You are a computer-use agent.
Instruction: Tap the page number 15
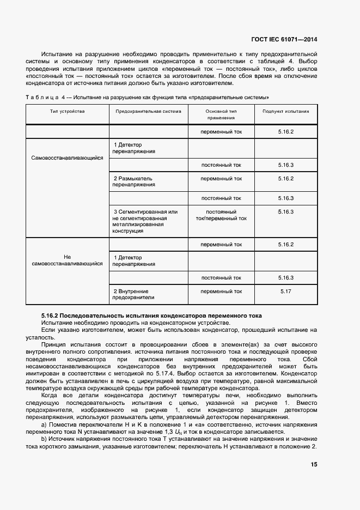point(314,464)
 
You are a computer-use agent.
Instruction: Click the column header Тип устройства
point(67,111)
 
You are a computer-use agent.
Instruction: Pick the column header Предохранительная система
point(148,111)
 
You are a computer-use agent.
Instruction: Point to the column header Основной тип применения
point(221,114)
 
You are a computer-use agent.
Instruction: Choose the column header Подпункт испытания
point(285,111)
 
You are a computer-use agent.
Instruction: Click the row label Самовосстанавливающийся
point(67,158)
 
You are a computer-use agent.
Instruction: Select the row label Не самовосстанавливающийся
point(67,260)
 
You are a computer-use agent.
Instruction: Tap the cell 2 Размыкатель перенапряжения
point(133,181)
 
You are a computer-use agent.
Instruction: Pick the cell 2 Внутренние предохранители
point(131,294)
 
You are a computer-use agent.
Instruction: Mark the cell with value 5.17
point(285,292)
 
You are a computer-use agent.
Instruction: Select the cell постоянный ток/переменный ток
point(221,215)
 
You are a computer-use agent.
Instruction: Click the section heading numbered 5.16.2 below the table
point(151,315)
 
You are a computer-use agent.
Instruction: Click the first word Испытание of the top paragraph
point(58,54)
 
